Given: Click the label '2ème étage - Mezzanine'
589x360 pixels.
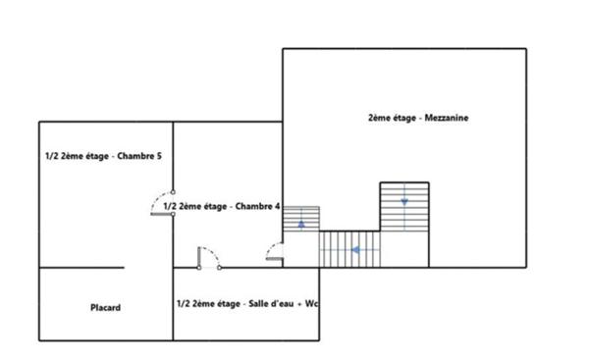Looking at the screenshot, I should click(x=417, y=119).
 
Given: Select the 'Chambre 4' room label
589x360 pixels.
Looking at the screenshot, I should click(x=222, y=207).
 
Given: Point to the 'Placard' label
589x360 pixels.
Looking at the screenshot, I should click(x=105, y=308).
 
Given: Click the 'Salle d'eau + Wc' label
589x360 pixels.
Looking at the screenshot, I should click(x=246, y=304).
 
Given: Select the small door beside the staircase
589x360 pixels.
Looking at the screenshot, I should click(x=275, y=253).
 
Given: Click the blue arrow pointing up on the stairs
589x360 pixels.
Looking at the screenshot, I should click(x=301, y=224).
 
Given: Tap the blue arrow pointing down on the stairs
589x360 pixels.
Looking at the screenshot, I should click(x=404, y=201).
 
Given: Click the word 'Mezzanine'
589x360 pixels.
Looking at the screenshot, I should click(x=448, y=119).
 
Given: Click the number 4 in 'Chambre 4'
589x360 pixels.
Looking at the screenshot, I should click(x=278, y=207).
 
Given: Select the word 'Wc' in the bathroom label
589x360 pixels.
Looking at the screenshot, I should click(x=313, y=304).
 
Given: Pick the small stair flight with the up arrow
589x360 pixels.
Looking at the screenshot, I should click(x=301, y=220).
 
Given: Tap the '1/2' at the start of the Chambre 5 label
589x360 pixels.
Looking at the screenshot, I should click(x=51, y=156).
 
